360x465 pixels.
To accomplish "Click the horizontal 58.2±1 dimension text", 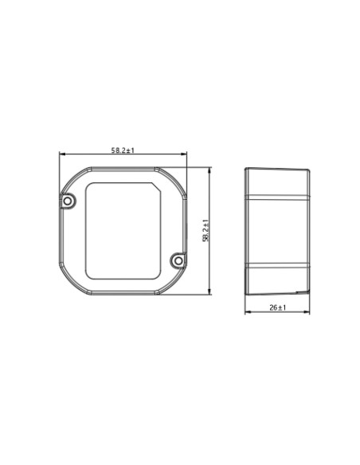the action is click(x=123, y=150).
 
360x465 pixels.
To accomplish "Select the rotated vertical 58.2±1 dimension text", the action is click(x=205, y=230).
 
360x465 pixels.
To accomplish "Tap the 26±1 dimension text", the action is click(x=277, y=307).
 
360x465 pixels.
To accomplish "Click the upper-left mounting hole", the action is click(x=68, y=201).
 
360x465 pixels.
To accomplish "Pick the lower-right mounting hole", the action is click(x=178, y=261).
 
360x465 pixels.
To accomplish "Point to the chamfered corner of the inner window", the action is click(x=156, y=187).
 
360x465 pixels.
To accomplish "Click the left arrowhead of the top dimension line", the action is click(x=61, y=154).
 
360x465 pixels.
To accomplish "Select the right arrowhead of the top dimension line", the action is click(x=185, y=154).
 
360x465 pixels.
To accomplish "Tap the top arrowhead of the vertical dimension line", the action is click(x=210, y=170).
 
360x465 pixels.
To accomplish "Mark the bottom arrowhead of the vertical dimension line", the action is click(x=210, y=291).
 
